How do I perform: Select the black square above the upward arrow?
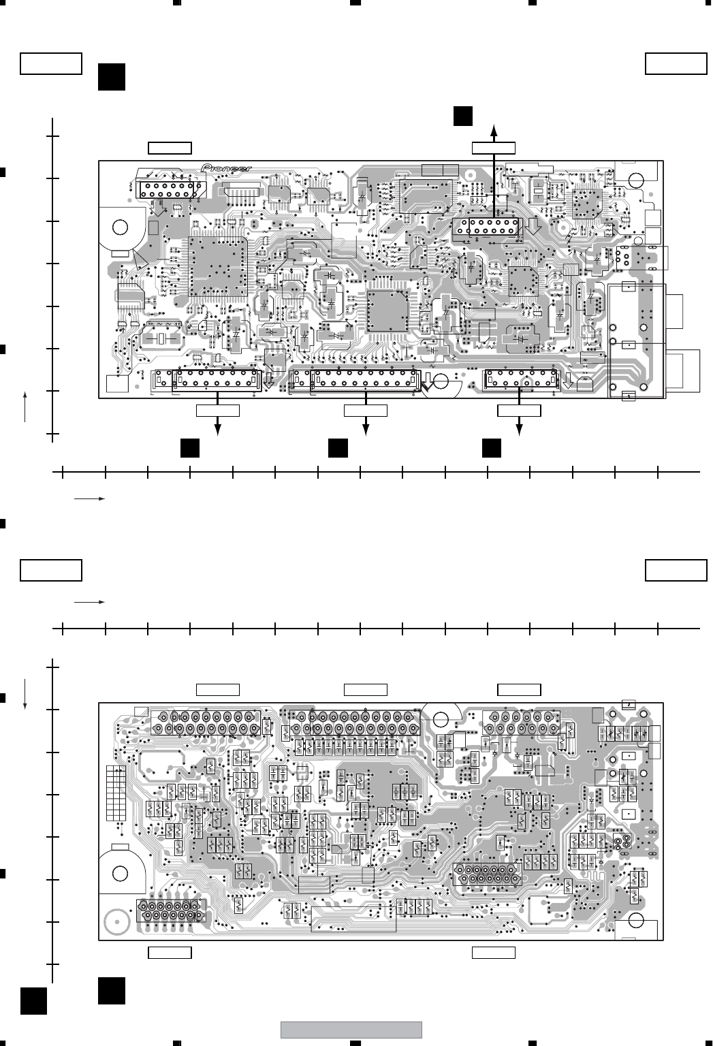pos(464,116)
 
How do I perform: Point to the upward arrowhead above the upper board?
pos(495,129)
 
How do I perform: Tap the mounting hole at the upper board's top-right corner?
pos(637,181)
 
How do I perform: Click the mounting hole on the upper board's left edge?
pos(121,227)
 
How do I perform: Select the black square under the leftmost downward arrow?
pos(189,447)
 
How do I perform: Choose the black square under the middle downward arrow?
pos(337,447)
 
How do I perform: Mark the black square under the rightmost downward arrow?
pos(492,447)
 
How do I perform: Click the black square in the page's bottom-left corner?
pos(33,1002)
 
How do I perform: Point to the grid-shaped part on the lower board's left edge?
pos(116,794)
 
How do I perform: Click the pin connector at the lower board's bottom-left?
pos(170,910)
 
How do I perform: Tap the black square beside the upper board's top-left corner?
pos(111,76)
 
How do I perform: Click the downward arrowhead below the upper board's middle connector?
pos(366,430)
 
